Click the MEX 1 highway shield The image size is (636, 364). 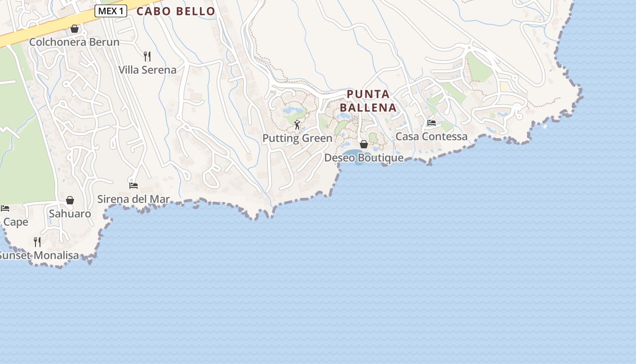110,11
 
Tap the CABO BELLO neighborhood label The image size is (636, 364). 176,11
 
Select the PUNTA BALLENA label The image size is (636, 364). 368,101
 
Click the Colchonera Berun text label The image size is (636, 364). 74,42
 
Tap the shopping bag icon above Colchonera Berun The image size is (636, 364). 75,29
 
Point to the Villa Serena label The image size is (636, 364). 147,70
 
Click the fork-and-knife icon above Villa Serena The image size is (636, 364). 147,56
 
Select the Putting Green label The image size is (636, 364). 297,138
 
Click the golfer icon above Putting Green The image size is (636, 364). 297,125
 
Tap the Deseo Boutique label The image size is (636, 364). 363,158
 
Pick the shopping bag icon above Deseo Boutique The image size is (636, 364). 363,144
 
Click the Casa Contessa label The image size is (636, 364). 431,136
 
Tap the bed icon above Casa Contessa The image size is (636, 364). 431,123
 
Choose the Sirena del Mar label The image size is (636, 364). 134,199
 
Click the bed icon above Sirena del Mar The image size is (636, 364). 133,185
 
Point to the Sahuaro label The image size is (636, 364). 70,214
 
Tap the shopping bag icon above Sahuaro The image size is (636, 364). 70,200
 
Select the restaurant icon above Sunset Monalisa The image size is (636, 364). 37,242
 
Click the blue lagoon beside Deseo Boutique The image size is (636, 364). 351,154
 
